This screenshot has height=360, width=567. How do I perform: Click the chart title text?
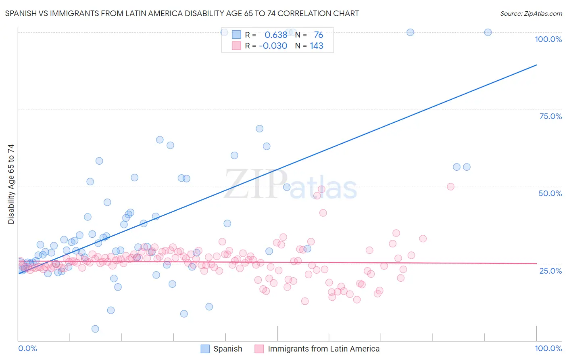coord(182,13)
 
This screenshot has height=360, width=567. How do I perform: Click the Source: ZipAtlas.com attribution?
coord(531,13)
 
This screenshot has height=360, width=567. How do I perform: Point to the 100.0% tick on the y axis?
coord(548,39)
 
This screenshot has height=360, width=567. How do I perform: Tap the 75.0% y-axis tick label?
coord(550,116)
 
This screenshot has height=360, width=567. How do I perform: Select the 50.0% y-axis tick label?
coord(550,193)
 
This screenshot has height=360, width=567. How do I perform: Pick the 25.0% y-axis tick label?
coord(550,271)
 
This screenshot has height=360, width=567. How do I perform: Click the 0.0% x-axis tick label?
coord(27,348)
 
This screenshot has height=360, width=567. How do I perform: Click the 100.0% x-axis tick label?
coord(548,348)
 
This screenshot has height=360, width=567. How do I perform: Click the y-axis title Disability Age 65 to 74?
coord(11,184)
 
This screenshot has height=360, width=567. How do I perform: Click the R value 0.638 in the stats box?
coord(276,35)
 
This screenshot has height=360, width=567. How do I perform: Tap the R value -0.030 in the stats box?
coord(273,46)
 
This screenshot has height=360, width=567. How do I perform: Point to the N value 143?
coord(317,46)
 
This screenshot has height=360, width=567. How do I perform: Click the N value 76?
coord(319,35)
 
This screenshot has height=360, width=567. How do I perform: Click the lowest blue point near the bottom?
coord(95,329)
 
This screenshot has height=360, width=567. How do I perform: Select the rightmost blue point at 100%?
coord(488,32)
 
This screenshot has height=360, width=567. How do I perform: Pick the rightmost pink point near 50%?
coord(451,186)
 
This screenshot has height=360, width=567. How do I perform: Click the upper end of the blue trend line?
coord(536,65)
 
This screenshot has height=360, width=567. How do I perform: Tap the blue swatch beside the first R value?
coord(236,35)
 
